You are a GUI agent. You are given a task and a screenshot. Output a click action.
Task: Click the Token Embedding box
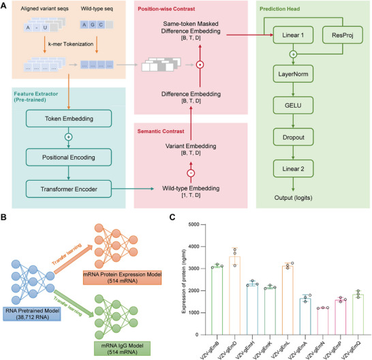69,119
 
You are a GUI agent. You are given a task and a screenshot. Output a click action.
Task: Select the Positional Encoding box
69,157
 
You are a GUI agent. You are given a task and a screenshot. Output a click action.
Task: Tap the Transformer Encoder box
69,189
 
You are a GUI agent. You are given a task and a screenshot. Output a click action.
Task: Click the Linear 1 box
293,35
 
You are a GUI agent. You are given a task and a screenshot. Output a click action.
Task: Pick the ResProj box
342,35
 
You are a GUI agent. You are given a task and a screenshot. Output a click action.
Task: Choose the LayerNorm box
293,74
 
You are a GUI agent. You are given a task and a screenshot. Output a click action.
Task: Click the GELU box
293,105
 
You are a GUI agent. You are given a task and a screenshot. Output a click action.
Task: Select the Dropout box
293,137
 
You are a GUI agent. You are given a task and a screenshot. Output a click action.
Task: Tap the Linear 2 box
293,168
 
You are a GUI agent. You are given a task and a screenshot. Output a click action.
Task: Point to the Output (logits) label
293,198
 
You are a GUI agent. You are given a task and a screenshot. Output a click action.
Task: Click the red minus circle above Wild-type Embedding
191,173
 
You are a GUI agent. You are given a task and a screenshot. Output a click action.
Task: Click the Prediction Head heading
280,9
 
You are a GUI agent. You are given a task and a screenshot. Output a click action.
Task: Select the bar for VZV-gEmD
234,295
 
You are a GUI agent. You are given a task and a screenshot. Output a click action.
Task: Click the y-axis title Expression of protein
184,282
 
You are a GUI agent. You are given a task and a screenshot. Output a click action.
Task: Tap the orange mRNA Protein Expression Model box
122,277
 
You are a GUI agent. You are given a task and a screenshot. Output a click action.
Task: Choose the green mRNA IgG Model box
122,348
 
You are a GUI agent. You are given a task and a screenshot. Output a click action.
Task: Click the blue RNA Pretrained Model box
32,314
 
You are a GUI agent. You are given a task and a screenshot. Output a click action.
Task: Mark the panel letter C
172,217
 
